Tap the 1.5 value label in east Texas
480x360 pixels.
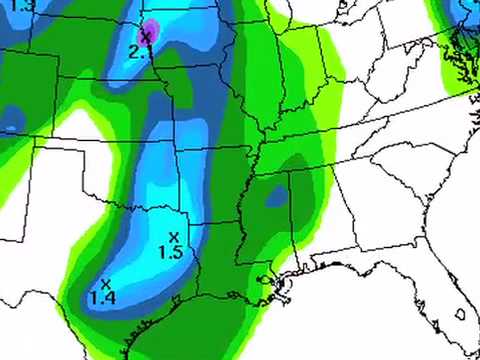170,253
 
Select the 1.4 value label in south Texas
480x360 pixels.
102,296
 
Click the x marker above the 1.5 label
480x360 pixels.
173,236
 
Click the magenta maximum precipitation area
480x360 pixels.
150,29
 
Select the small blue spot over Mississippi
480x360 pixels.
275,198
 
